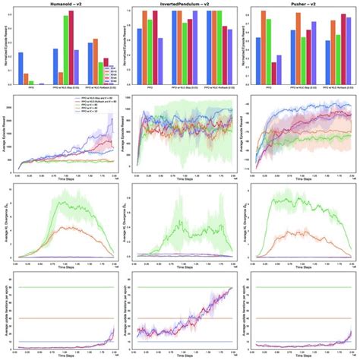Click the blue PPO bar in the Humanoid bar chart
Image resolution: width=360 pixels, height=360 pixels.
pos(21,68)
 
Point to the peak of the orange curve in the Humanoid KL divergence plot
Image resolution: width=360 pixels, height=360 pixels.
pos(67,226)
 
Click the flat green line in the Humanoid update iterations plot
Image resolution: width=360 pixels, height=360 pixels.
pos(68,288)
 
